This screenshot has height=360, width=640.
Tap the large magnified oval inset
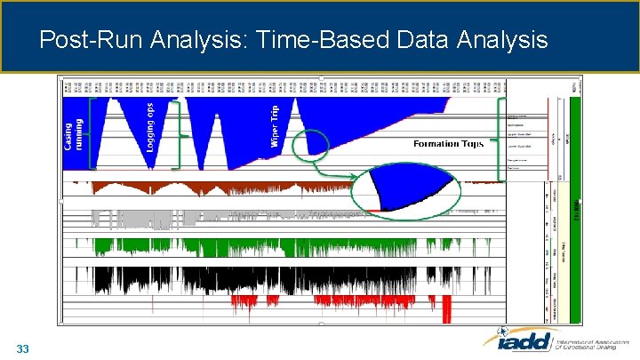[406, 188]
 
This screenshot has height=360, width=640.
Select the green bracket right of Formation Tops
[498, 138]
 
